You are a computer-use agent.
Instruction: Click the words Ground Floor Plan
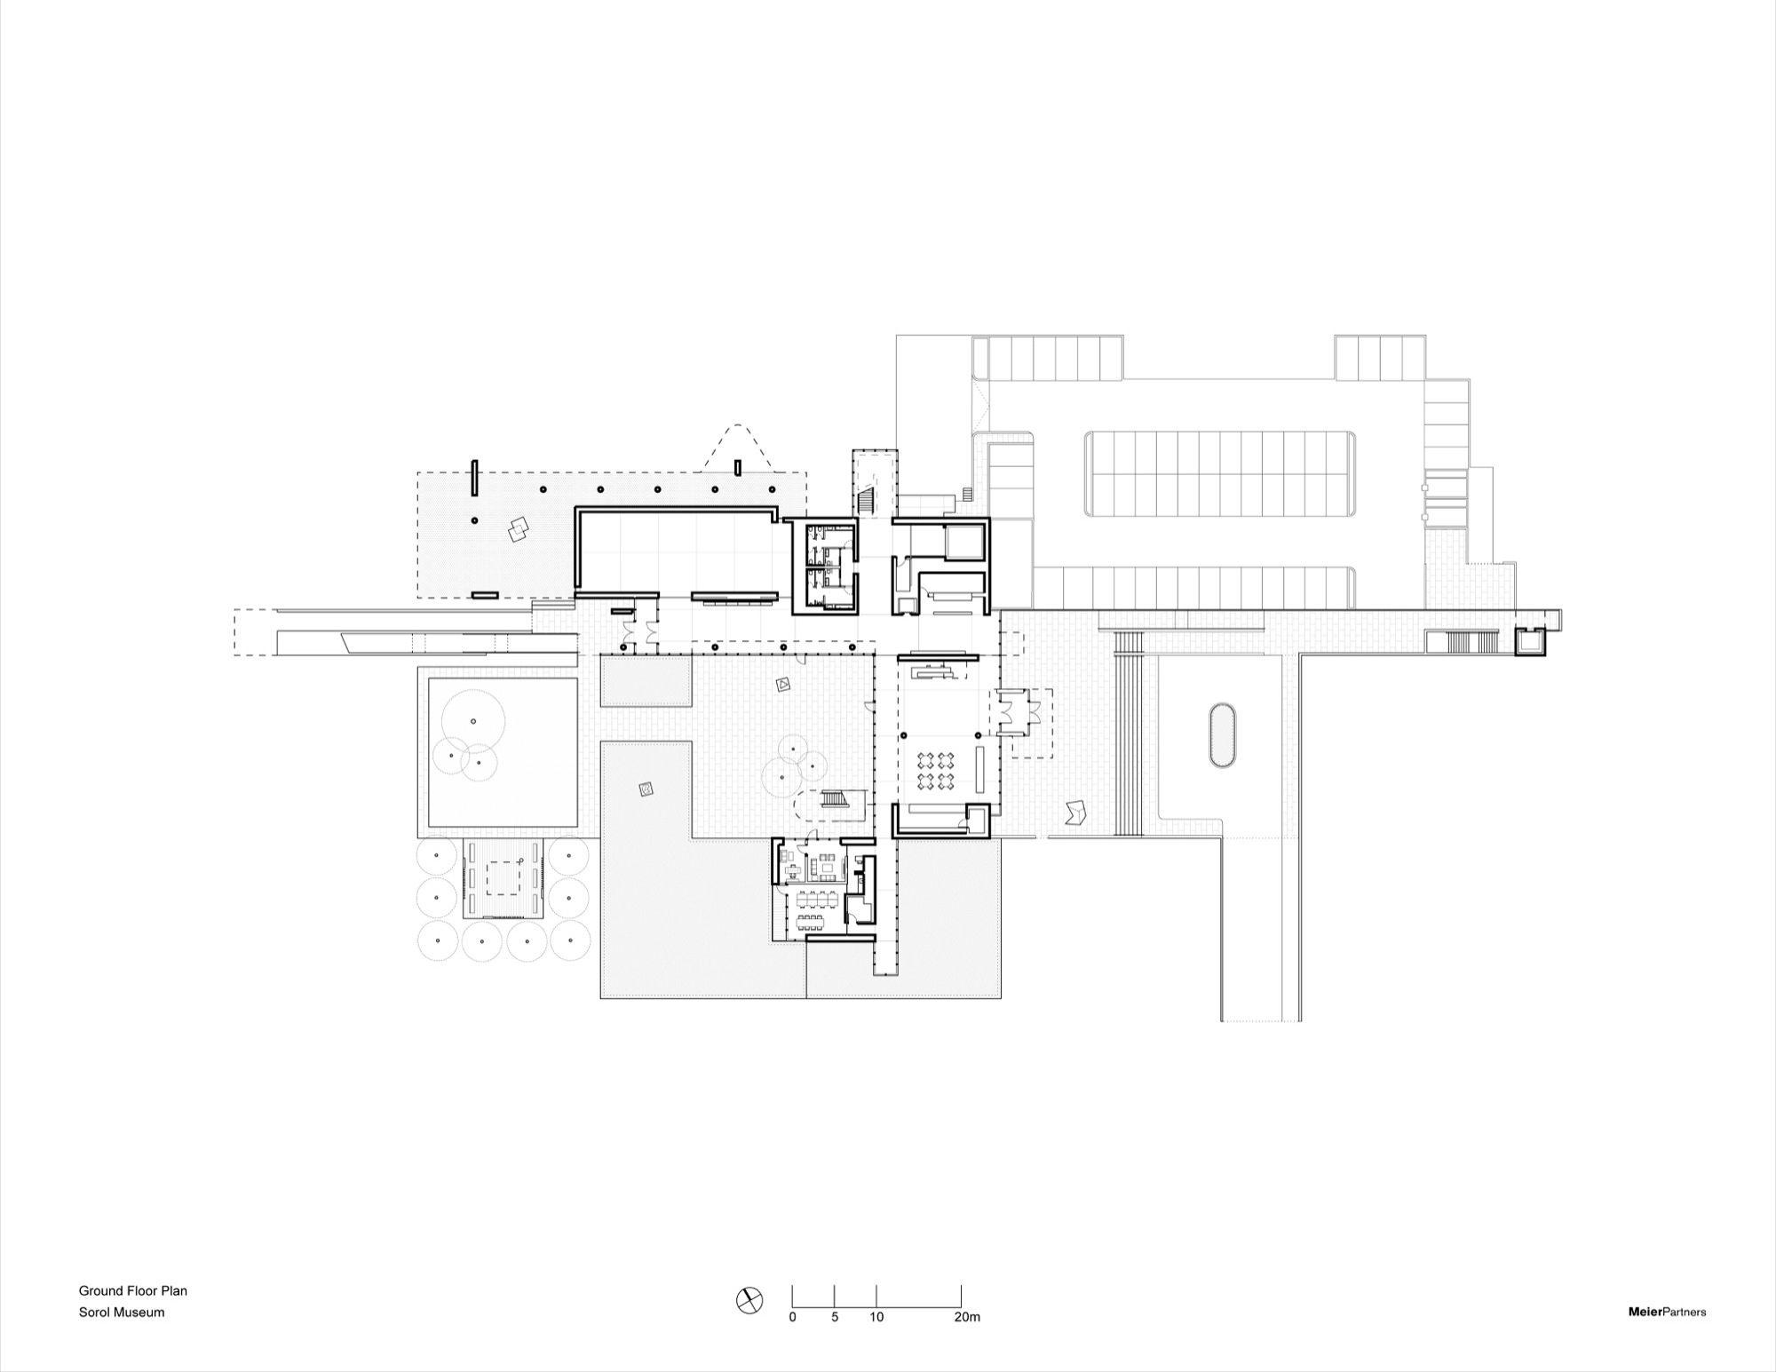pyautogui.click(x=133, y=1291)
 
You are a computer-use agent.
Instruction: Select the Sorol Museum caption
pyautogui.click(x=122, y=1312)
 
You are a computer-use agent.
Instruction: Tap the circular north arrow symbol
pyautogui.click(x=749, y=1301)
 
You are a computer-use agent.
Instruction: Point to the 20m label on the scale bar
pyautogui.click(x=966, y=1317)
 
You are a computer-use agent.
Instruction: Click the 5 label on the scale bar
pyautogui.click(x=835, y=1317)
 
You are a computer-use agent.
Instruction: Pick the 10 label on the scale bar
pyautogui.click(x=876, y=1317)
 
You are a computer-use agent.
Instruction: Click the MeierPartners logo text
pyautogui.click(x=1667, y=1312)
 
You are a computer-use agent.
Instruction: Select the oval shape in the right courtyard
pyautogui.click(x=1222, y=736)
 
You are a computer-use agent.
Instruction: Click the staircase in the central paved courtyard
pyautogui.click(x=834, y=798)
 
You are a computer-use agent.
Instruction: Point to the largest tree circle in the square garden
pyautogui.click(x=473, y=723)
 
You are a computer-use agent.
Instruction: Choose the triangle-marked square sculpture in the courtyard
pyautogui.click(x=783, y=684)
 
